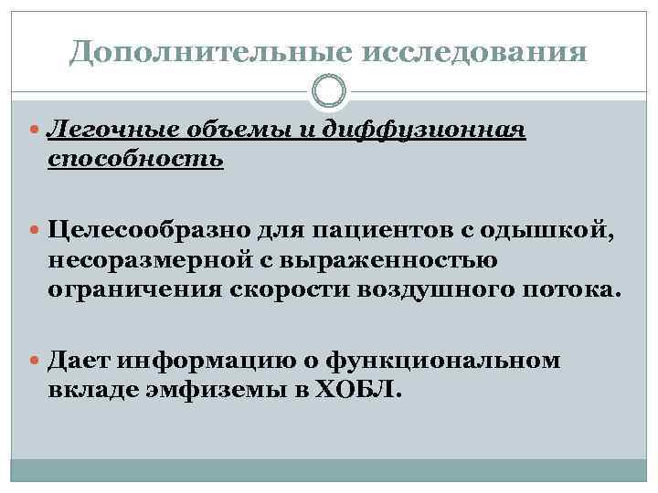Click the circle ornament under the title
coord(329,91)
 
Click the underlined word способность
coord(136,159)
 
